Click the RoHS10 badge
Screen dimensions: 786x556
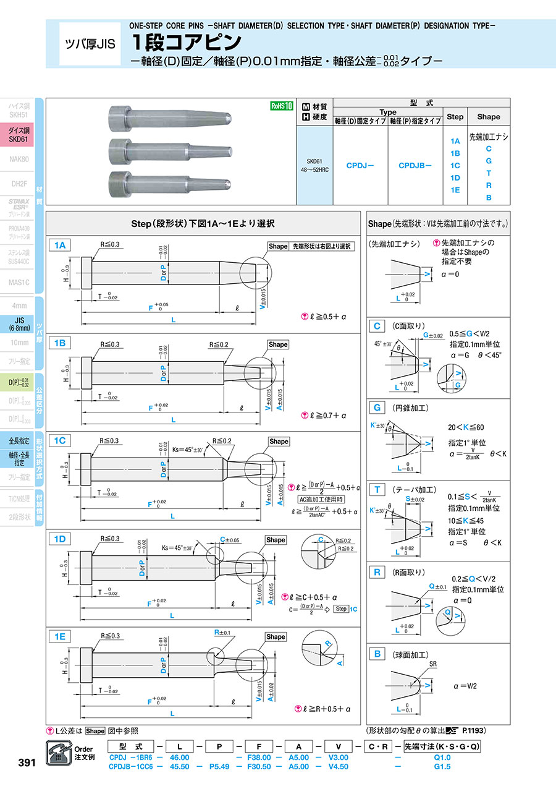coord(280,106)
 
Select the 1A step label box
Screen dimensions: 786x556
coord(60,246)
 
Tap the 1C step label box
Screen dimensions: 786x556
coord(60,440)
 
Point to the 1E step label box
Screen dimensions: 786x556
coord(60,636)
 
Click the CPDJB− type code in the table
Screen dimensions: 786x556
coord(415,165)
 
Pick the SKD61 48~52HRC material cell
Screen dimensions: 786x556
coord(315,165)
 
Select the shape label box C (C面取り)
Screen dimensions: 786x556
coord(376,326)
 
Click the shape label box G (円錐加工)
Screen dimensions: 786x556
coord(376,408)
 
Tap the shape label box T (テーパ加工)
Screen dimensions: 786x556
coord(376,490)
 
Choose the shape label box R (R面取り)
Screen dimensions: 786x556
coord(376,572)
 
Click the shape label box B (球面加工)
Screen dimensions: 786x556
coord(376,654)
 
